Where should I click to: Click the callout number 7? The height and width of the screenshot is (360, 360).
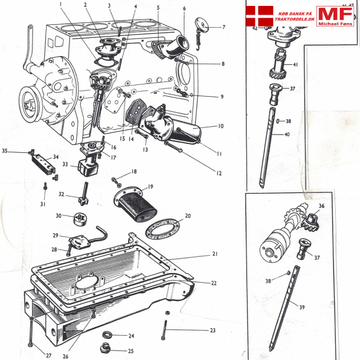[223, 27]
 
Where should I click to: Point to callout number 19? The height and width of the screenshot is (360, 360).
[150, 186]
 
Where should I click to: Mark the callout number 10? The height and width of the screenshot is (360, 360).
[220, 126]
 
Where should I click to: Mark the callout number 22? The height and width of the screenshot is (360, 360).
[214, 283]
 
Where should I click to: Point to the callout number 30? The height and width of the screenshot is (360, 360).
[58, 215]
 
